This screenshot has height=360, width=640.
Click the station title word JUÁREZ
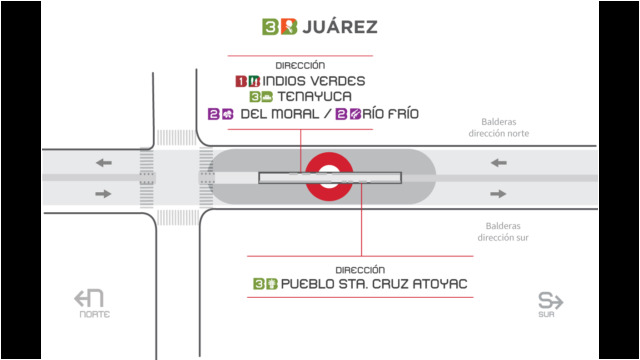pos(340,27)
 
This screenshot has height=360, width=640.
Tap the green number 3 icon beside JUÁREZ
pos(270,27)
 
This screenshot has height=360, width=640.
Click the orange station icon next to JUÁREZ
pos(289,27)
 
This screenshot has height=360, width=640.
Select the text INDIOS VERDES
pos(313,81)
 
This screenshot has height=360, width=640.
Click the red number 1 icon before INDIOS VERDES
pos(241,81)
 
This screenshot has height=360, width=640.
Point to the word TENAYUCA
pos(314,97)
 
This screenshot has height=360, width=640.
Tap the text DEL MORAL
pos(280,114)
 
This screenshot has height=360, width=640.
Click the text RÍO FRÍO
pos(391,114)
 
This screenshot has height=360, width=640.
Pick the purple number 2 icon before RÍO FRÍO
pos(341,114)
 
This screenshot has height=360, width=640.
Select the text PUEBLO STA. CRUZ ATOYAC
pos(374,284)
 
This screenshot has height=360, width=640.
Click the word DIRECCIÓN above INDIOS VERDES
pos(300,65)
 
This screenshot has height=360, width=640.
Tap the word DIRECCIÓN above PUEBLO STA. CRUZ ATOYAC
pos(360,270)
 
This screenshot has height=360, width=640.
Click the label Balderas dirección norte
pos(498,127)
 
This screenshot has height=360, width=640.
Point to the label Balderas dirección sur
pos(503,231)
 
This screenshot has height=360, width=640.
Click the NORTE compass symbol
pos(90,303)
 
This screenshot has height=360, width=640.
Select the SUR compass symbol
pos(550,304)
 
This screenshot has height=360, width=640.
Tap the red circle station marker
pos(329,154)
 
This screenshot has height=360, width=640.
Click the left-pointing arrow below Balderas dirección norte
pos(498,163)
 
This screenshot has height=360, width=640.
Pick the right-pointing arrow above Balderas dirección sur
pos(498,194)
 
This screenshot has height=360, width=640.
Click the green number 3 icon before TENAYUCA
pos(255,97)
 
